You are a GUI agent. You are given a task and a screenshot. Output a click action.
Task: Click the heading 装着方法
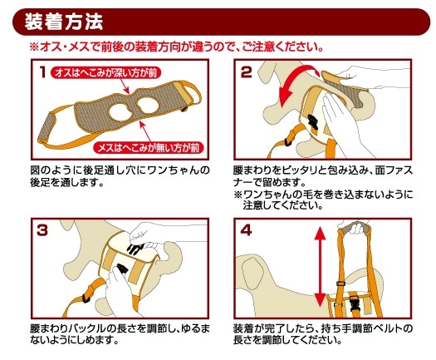point(64,22)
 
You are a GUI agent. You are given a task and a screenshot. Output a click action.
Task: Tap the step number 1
point(42,72)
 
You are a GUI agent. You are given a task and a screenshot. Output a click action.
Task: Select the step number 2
point(246,72)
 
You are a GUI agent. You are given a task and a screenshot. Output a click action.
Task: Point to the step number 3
point(42,230)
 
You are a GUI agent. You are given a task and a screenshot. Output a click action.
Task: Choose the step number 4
point(246,230)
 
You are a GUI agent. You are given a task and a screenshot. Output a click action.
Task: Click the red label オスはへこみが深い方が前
point(106,73)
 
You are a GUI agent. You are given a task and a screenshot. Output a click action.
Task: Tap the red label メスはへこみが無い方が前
point(149,148)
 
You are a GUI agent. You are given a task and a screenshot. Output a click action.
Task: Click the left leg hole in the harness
point(121,112)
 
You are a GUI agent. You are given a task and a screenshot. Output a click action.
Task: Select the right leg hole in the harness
point(148,106)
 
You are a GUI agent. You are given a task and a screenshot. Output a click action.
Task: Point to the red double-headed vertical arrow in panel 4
point(321,266)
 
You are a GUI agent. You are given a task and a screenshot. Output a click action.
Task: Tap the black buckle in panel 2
point(312,122)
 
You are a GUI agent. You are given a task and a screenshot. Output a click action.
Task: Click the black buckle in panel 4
point(355,303)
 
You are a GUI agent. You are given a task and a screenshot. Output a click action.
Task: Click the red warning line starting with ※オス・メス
point(177,47)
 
